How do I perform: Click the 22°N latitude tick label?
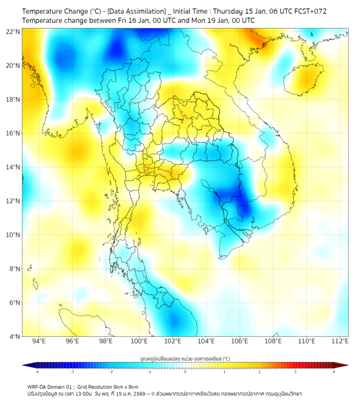pyautogui.click(x=13, y=32)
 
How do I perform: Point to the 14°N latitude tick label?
pyautogui.click(x=13, y=167)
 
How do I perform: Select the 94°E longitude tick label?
pyautogui.click(x=39, y=341)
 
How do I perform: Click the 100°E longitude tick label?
pyautogui.click(x=139, y=341)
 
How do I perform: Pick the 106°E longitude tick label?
pyautogui.click(x=240, y=341)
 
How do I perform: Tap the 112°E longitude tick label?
pyautogui.click(x=340, y=341)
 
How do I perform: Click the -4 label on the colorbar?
pyautogui.click(x=37, y=372)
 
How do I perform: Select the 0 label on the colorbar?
pyautogui.click(x=185, y=372)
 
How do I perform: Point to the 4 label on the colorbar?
pyautogui.click(x=333, y=372)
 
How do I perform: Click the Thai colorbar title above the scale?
pyautogui.click(x=185, y=358)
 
